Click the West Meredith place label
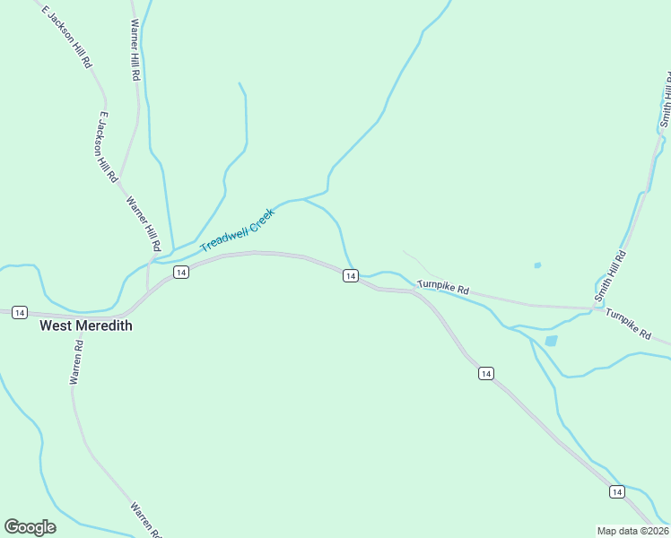[x=86, y=325]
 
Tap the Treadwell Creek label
[x=237, y=230]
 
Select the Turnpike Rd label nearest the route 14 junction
[x=443, y=286]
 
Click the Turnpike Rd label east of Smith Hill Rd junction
[x=628, y=323]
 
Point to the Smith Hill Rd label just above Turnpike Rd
[x=610, y=275]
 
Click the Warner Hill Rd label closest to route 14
[x=144, y=224]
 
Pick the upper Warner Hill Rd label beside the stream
[x=135, y=51]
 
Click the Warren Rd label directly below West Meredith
[x=77, y=362]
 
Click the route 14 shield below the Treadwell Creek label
[x=180, y=272]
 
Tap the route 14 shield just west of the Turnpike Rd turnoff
[x=351, y=276]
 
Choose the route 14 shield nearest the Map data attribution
[x=616, y=491]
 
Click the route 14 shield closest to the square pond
[x=485, y=373]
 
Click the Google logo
[x=30, y=527]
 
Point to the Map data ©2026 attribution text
[x=632, y=530]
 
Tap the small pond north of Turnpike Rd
[x=537, y=265]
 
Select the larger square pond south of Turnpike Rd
[x=551, y=341]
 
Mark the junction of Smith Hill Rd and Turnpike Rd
[x=595, y=308]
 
